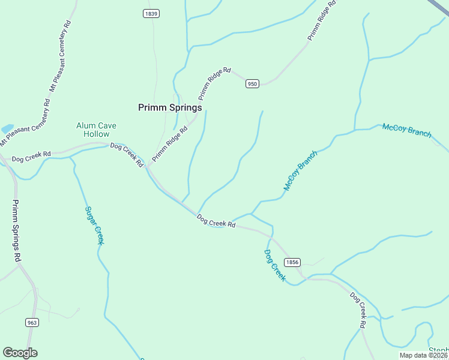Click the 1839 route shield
click(x=151, y=14)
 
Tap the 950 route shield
click(x=252, y=84)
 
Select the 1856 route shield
click(x=292, y=262)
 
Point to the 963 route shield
click(x=32, y=322)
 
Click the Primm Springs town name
click(x=170, y=108)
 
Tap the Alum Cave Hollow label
click(x=96, y=130)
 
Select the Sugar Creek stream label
click(x=95, y=225)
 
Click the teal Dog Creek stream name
click(x=275, y=265)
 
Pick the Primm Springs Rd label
click(x=17, y=230)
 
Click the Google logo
click(x=20, y=353)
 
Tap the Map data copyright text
click(x=424, y=355)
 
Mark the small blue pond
click(x=7, y=129)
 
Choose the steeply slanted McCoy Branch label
click(x=300, y=171)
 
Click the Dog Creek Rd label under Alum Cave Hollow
click(x=127, y=154)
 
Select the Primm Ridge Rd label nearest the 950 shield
click(x=214, y=83)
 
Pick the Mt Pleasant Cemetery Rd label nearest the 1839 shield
click(x=60, y=57)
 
